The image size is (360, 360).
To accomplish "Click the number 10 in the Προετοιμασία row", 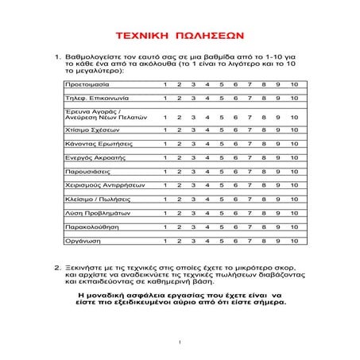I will click(x=293, y=84).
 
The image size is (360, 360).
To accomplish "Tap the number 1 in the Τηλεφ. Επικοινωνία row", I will click(x=165, y=99).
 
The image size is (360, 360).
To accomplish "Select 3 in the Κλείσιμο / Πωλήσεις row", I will click(x=193, y=199).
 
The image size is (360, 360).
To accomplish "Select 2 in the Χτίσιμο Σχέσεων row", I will click(x=179, y=130).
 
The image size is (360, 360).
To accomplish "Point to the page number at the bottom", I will click(x=180, y=343).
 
